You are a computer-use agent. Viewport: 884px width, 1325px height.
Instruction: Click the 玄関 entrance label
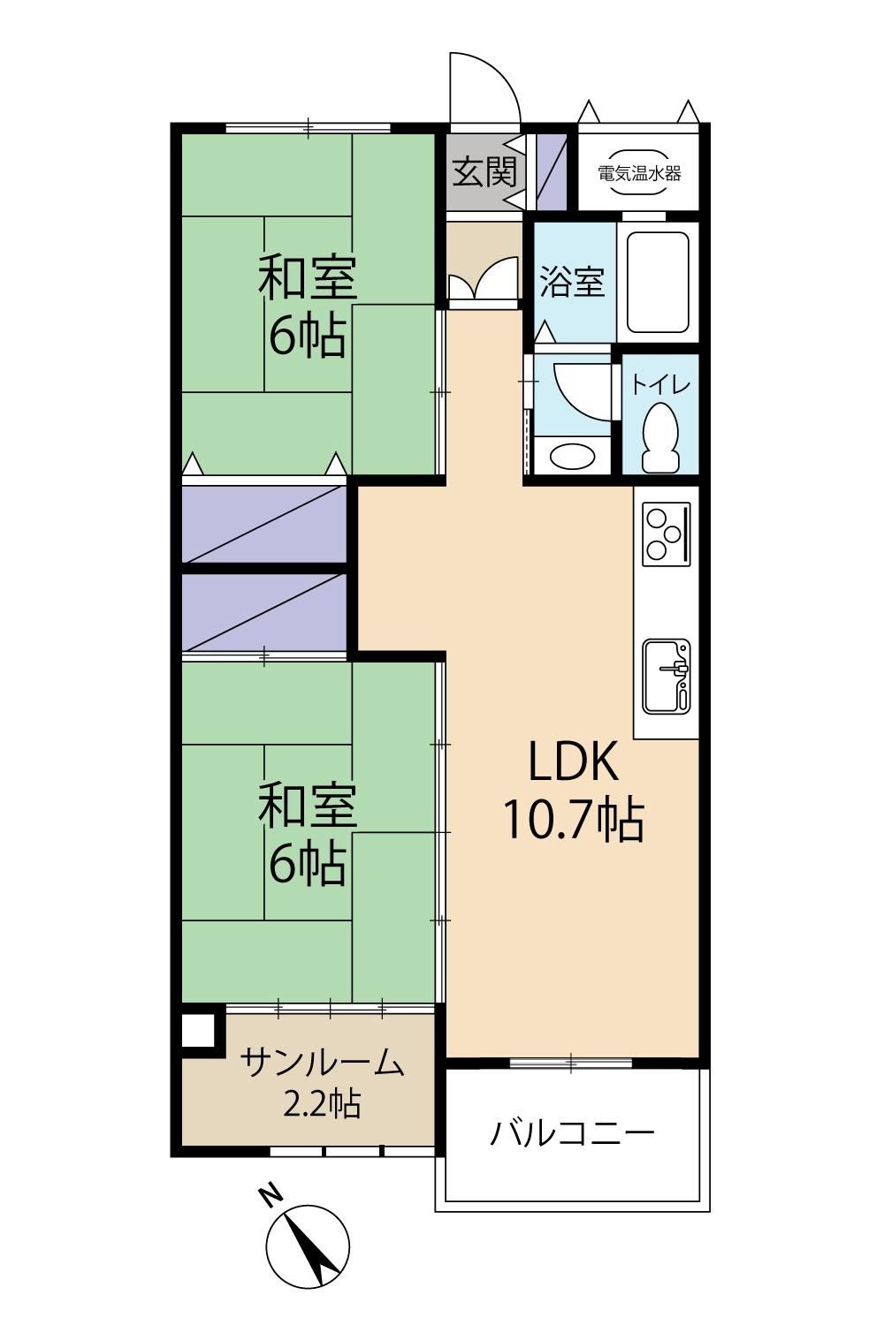click(x=485, y=173)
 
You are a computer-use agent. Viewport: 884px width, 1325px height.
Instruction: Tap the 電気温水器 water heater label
click(x=639, y=173)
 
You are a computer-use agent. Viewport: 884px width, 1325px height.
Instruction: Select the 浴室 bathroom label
click(x=572, y=282)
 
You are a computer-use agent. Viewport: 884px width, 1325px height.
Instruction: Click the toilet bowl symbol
click(x=660, y=436)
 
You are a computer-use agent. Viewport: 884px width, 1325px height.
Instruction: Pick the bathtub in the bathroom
click(x=658, y=282)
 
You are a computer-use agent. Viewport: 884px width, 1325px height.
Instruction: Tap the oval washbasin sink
click(x=572, y=456)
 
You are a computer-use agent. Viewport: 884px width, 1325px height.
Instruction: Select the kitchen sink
click(x=667, y=676)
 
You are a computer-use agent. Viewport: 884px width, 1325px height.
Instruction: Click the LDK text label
click(x=573, y=761)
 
